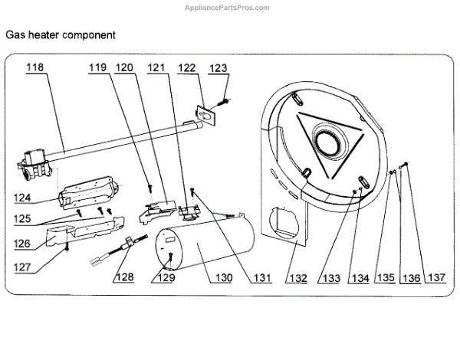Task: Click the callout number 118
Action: point(34,67)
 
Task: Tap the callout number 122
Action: point(187,67)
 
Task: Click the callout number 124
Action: point(21,198)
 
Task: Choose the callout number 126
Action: point(21,244)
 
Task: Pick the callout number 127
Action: point(21,269)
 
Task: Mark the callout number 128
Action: point(123,277)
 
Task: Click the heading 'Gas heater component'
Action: point(61,35)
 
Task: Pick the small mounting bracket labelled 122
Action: point(205,114)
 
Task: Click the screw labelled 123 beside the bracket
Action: point(225,99)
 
